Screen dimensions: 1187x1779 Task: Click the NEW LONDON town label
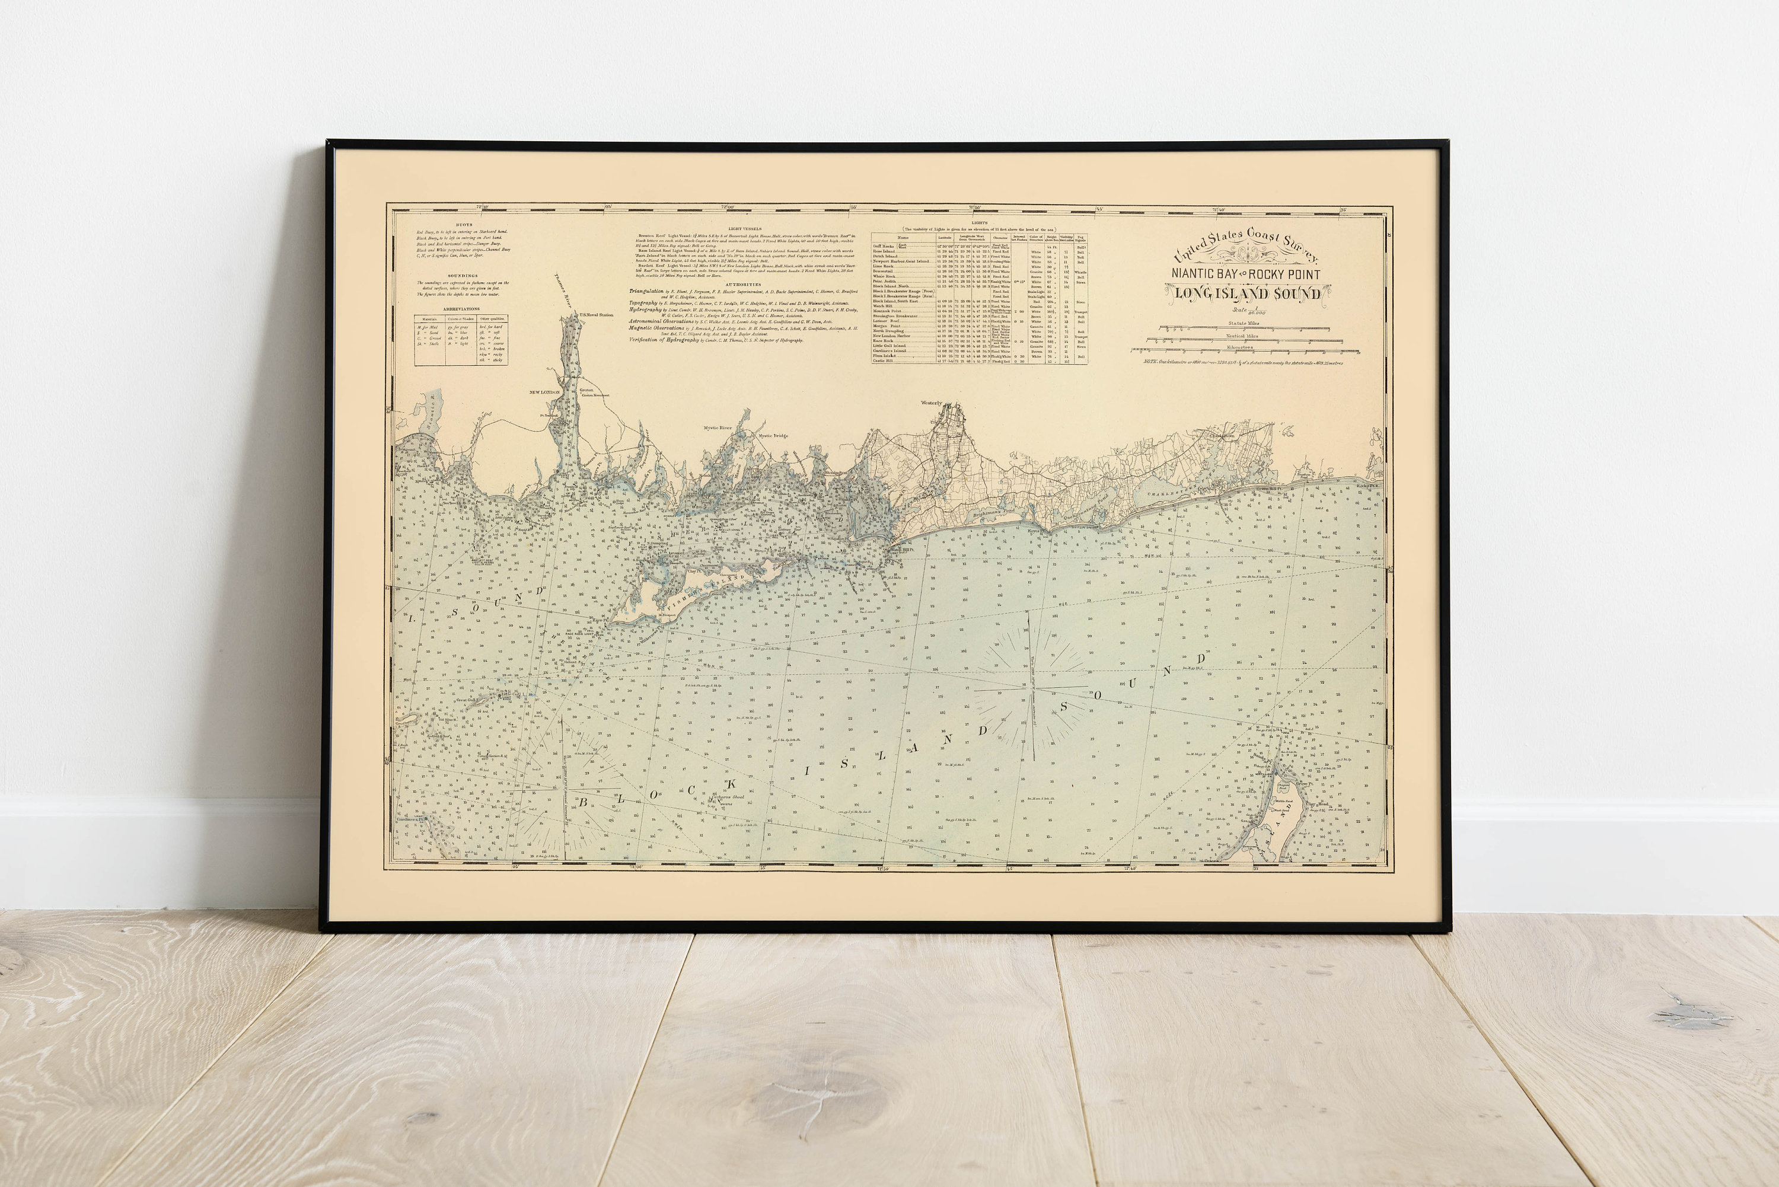coord(544,392)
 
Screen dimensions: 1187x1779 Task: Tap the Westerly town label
coord(931,403)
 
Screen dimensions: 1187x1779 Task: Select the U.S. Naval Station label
coord(596,315)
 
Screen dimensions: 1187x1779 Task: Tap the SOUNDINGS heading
coord(462,276)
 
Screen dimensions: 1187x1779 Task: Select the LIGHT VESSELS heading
coord(745,228)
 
